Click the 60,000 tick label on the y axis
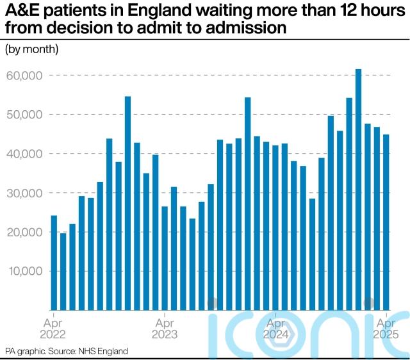(x=24, y=76)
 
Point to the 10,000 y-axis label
(x=24, y=271)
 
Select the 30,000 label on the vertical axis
(x=24, y=193)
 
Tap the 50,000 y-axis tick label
(x=24, y=115)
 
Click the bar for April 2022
(x=54, y=263)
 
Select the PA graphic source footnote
(x=67, y=351)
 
